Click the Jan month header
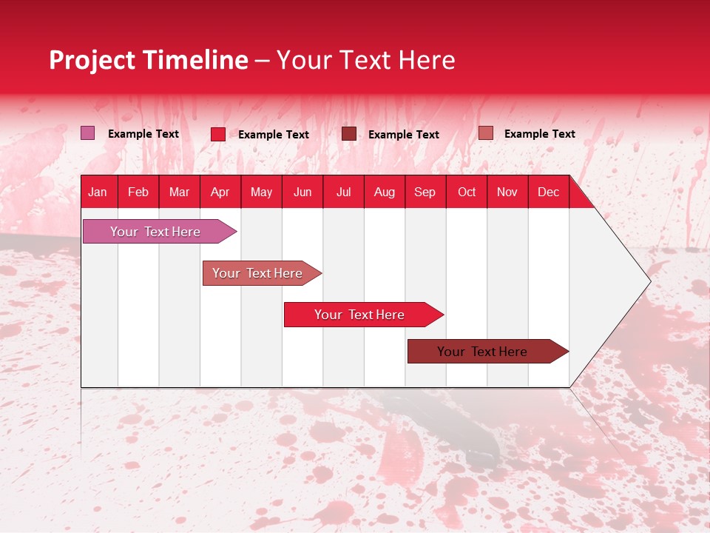click(x=98, y=192)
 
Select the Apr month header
click(x=220, y=192)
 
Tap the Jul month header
click(x=343, y=192)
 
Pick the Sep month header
click(x=425, y=192)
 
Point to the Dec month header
click(x=548, y=192)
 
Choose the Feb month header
click(x=138, y=192)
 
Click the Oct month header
click(x=467, y=192)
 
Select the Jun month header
click(x=302, y=192)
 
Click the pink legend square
click(x=88, y=133)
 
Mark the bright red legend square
click(x=218, y=134)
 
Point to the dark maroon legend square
click(x=348, y=134)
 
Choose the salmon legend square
click(x=485, y=133)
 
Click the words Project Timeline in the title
click(x=148, y=60)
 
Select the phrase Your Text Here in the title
click(x=365, y=60)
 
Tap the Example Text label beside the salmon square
click(x=539, y=134)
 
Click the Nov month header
click(x=507, y=192)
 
